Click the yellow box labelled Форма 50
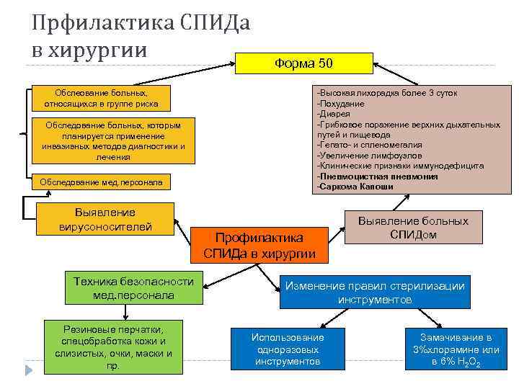click(303, 63)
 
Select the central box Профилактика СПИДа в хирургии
click(259, 245)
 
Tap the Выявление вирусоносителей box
click(105, 220)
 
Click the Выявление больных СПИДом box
click(413, 228)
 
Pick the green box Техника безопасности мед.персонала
click(133, 288)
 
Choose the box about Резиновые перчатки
click(113, 346)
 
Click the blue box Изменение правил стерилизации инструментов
click(374, 292)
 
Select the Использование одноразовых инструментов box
click(288, 349)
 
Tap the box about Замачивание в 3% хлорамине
click(456, 349)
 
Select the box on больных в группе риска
click(101, 99)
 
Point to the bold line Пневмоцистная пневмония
click(377, 176)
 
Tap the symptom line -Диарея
click(334, 114)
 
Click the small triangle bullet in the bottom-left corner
click(30, 370)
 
